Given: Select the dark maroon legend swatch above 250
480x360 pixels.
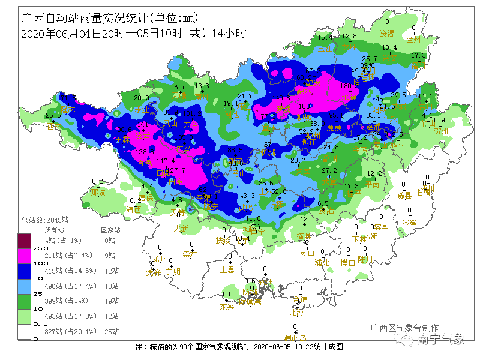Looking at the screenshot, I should [25, 240].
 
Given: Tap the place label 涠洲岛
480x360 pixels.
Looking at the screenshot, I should [295, 338].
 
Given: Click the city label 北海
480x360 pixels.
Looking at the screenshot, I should [296, 312].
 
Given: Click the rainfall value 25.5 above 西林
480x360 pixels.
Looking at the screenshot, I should [53, 115].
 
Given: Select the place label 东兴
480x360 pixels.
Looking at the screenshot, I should [227, 307].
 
